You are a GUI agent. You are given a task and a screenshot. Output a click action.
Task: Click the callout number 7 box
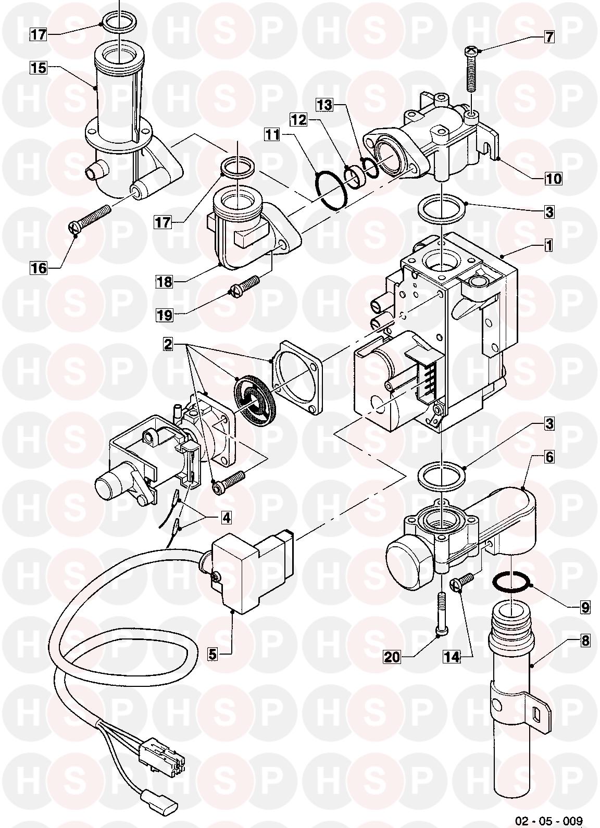coord(549,37)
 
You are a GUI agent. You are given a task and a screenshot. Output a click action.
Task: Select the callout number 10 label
coord(554,179)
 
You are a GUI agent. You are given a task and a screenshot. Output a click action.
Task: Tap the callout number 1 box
coord(548,245)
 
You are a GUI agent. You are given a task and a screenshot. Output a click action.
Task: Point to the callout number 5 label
coord(213,654)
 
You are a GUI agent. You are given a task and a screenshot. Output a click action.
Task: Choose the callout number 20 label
coord(392,657)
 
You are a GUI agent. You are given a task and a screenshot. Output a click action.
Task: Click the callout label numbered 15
coord(37,67)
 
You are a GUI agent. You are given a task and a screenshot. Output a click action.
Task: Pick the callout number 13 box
coord(324,105)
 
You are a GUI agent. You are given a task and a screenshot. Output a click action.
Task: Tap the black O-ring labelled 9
coord(511,582)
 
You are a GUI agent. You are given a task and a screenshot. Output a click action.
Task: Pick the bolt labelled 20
coord(441,614)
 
